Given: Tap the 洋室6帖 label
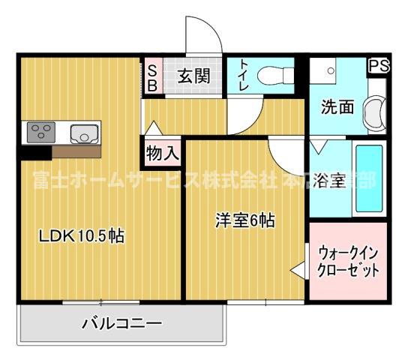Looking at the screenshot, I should click(x=244, y=221).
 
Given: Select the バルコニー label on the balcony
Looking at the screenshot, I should click(x=121, y=325).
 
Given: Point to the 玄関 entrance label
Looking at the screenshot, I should click(x=193, y=75).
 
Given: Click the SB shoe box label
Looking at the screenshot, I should click(x=151, y=76).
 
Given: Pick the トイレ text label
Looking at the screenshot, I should click(x=244, y=75).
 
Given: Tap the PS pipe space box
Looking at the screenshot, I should click(x=378, y=66).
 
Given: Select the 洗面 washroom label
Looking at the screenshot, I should click(x=337, y=107).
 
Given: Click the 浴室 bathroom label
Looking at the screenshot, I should click(x=329, y=181).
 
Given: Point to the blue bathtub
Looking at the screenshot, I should click(x=368, y=177).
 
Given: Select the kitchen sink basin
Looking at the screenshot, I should click(x=82, y=134).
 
